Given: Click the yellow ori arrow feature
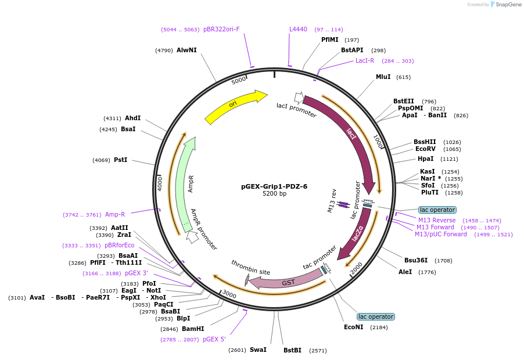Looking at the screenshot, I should [232, 105].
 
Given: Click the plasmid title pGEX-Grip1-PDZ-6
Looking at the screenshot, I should [274, 186].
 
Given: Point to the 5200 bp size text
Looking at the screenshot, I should [274, 194].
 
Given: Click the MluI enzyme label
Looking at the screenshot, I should [383, 77].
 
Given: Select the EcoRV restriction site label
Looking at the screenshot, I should [425, 149].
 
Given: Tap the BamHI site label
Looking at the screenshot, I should [192, 329].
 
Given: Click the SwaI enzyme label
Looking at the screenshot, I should [258, 350].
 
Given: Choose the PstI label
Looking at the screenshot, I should [120, 160].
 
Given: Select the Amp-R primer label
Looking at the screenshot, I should [114, 214].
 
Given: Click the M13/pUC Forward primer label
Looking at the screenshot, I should [440, 235].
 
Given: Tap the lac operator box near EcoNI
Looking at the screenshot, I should [375, 316].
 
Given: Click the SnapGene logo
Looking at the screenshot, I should [505, 5].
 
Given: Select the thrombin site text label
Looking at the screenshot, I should [250, 268].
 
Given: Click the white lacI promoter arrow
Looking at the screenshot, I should [299, 98].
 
